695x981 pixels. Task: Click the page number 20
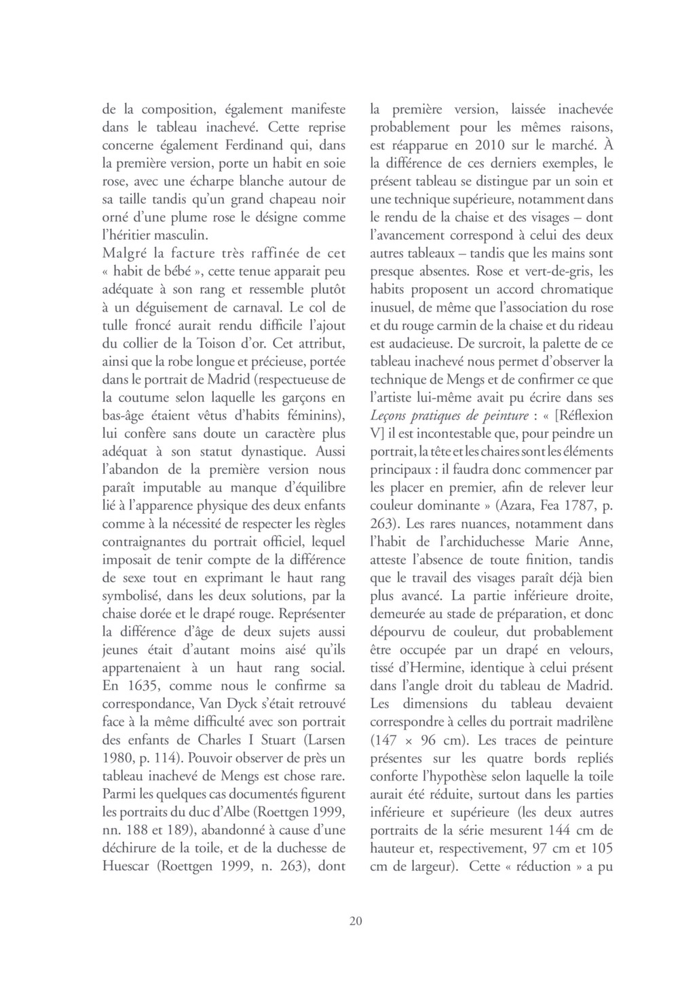tap(356, 921)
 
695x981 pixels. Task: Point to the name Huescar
tap(131, 866)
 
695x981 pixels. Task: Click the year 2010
tap(475, 145)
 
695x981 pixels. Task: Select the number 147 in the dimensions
tap(386, 740)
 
